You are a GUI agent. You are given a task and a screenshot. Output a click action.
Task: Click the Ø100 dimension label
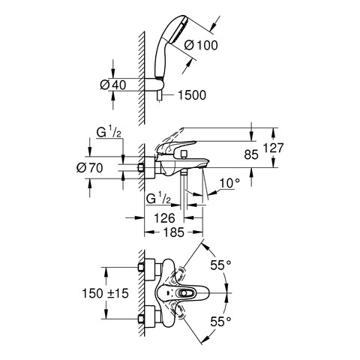[x=201, y=46]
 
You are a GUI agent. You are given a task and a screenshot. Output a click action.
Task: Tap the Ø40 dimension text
[x=113, y=85]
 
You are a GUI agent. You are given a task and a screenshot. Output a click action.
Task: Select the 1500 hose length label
[x=192, y=95]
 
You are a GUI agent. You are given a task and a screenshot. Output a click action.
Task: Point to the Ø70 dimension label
[x=90, y=168]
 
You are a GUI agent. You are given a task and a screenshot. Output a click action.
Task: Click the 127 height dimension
[x=274, y=148]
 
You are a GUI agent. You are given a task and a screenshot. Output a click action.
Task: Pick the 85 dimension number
[x=251, y=155]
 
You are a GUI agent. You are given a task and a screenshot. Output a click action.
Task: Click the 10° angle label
[x=229, y=184]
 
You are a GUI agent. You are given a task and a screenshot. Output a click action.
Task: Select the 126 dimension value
[x=164, y=218]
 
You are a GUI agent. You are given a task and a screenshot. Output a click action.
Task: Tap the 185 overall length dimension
[x=174, y=232]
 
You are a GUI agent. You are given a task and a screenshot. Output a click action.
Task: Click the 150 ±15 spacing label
[x=105, y=293]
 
